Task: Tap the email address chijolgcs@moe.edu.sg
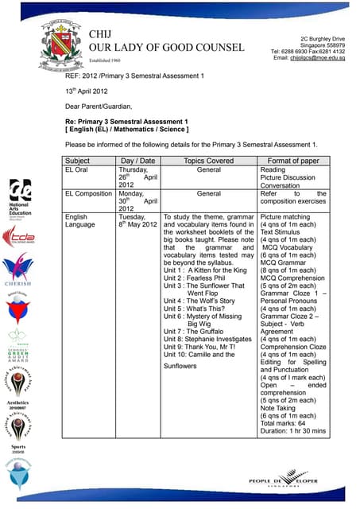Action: click(x=308, y=58)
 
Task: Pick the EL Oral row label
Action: click(x=80, y=169)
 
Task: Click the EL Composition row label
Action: click(x=87, y=193)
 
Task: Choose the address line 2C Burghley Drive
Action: click(x=323, y=39)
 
